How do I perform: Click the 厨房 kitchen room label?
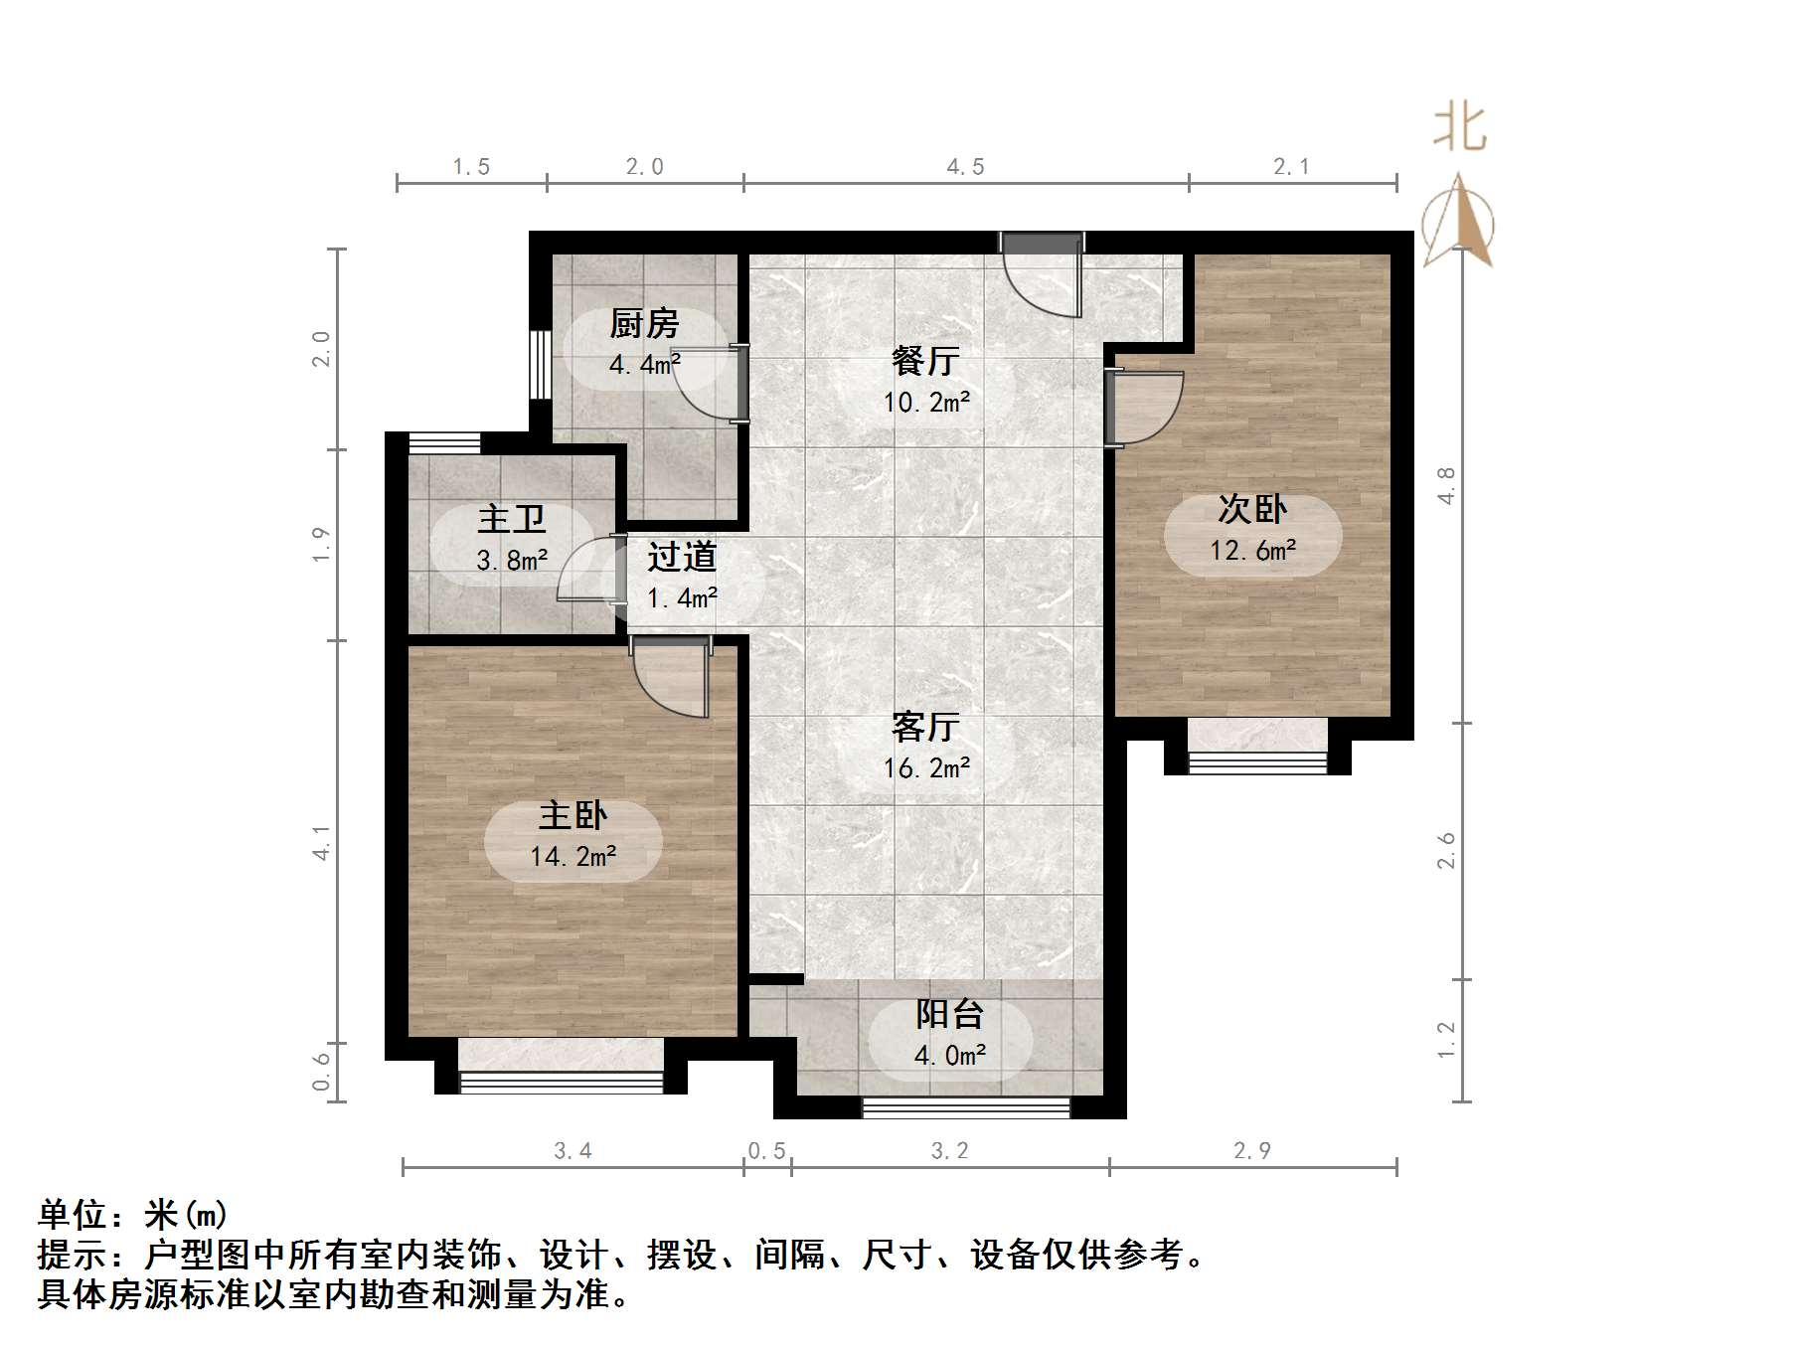[x=644, y=324]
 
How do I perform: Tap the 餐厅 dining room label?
[x=925, y=361]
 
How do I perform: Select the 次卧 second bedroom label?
[x=1252, y=510]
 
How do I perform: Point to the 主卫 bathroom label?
[x=511, y=520]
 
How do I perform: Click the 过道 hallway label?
[x=682, y=557]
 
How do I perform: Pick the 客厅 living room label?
[x=925, y=728]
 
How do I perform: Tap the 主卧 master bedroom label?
[x=572, y=816]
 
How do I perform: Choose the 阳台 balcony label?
[x=949, y=1014]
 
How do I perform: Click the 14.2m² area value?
[x=573, y=856]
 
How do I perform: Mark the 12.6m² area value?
[x=1252, y=550]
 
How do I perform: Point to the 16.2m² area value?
[x=926, y=767]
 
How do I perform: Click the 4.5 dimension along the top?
[x=965, y=167]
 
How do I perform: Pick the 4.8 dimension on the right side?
[x=1446, y=485]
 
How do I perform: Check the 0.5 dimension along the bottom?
[x=766, y=1151]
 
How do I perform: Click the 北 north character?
[x=1459, y=129]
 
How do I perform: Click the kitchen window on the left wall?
[x=540, y=364]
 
